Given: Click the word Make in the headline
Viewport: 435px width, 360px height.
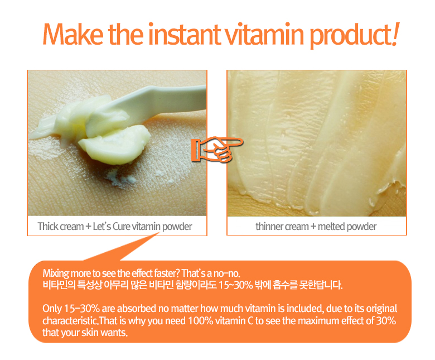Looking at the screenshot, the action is click(73, 34).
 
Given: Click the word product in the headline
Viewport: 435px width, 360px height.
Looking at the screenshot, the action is click(350, 36).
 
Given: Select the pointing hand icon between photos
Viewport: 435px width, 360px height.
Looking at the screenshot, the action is click(217, 150).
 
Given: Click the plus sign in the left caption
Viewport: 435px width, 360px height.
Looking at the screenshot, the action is click(88, 227).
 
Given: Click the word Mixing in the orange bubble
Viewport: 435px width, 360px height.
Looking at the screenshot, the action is click(56, 273).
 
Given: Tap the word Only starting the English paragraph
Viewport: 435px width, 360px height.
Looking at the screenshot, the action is click(52, 309).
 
